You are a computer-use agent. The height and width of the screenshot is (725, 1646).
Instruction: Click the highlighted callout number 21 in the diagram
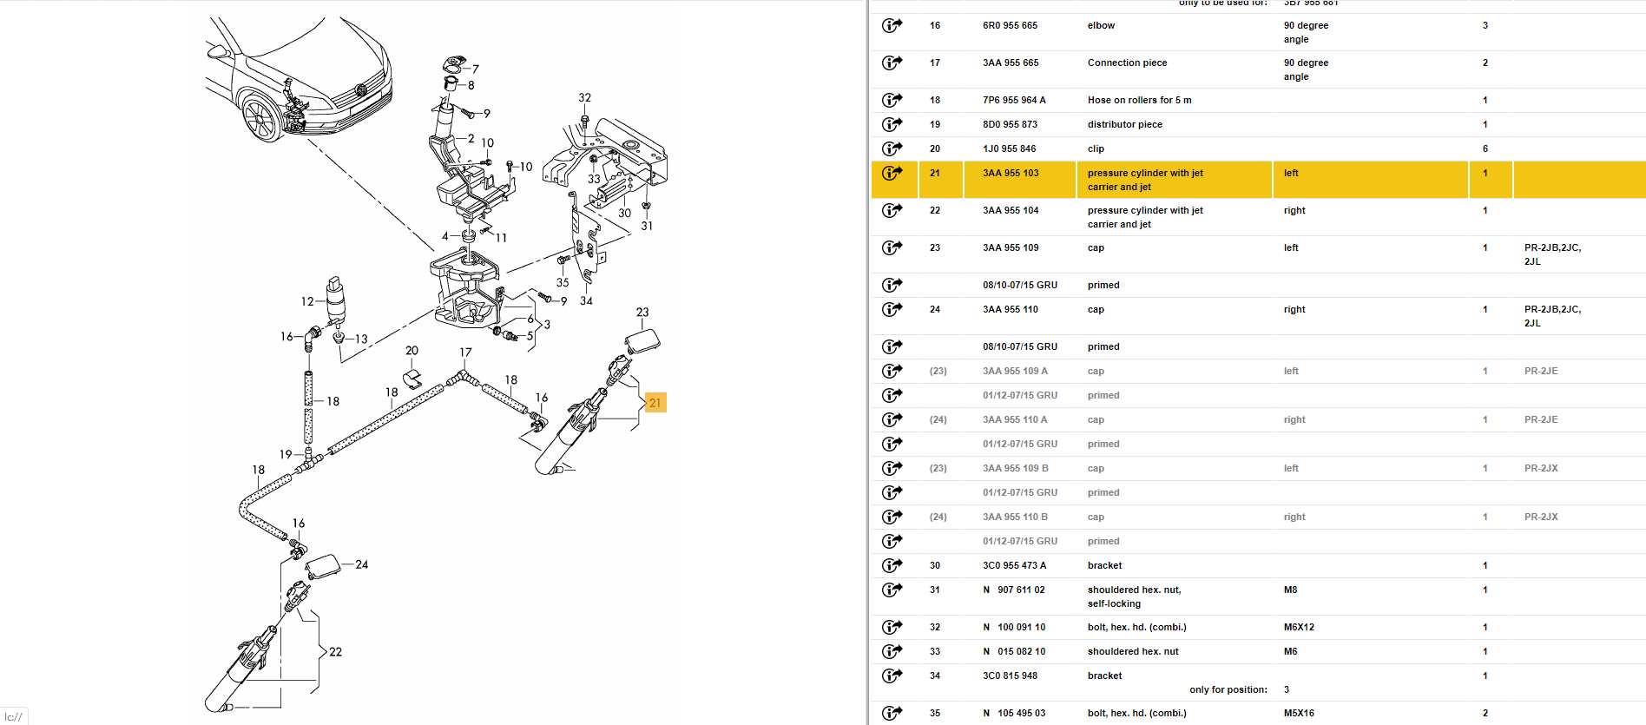[x=655, y=402]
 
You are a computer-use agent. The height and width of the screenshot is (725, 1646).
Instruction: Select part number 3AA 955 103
[x=1011, y=173]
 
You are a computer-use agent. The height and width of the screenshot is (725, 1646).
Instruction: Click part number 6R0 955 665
[x=1010, y=25]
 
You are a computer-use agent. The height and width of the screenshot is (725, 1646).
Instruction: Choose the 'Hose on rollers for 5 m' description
[x=1139, y=100]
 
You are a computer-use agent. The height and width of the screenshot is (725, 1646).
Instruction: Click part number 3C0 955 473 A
[x=1014, y=565]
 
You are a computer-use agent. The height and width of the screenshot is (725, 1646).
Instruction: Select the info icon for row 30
[x=892, y=565]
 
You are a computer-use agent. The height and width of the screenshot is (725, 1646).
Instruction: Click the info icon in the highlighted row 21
[x=892, y=173]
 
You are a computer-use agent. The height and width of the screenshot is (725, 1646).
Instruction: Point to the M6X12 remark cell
[x=1299, y=627]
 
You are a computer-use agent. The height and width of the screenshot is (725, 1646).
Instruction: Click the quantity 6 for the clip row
[x=1485, y=148]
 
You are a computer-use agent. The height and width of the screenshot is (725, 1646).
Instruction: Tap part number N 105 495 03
[x=1014, y=713]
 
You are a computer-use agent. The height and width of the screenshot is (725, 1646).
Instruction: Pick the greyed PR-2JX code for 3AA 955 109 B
[x=1541, y=468]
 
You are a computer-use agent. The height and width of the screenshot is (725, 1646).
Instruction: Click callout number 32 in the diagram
[x=584, y=98]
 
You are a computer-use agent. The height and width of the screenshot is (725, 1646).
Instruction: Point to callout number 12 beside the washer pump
[x=307, y=301]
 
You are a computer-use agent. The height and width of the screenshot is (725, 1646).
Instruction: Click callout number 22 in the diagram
[x=335, y=652]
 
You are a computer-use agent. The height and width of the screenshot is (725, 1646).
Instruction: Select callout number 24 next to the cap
[x=362, y=564]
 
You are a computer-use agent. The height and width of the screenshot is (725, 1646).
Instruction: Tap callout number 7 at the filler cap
[x=476, y=69]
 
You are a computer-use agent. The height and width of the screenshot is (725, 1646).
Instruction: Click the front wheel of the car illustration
[x=260, y=119]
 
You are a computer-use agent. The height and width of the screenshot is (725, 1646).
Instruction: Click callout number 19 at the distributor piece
[x=286, y=454]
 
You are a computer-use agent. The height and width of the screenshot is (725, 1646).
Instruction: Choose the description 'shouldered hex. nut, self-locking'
[x=1134, y=596]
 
